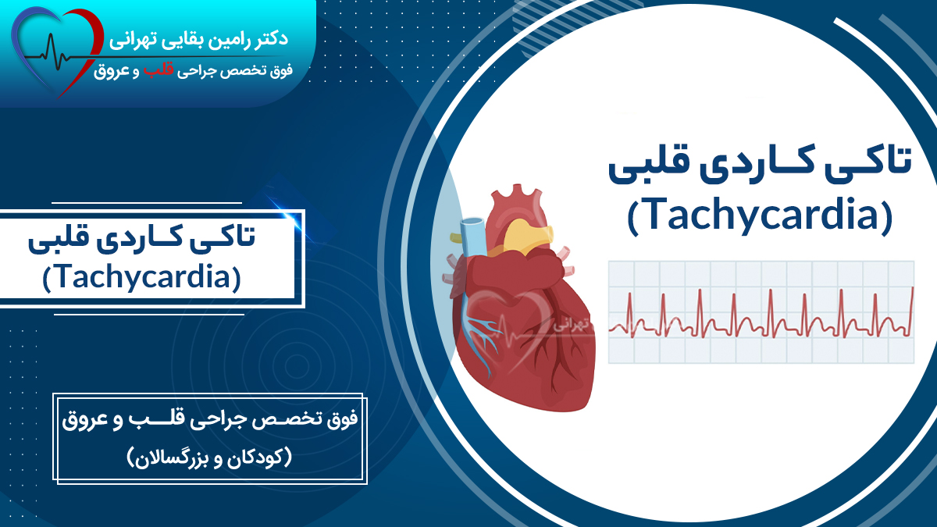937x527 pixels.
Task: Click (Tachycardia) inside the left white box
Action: coord(141,276)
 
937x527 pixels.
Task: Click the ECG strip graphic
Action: coord(761,312)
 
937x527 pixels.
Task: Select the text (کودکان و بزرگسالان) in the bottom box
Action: coord(211,456)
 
